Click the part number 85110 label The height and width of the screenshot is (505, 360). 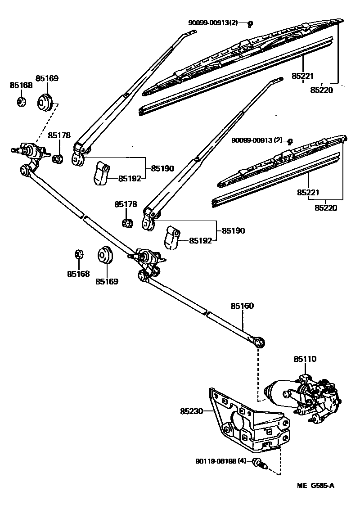click(x=305, y=359)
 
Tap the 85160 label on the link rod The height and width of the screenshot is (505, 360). click(x=242, y=306)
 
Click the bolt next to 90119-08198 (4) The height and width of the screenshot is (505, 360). click(x=259, y=463)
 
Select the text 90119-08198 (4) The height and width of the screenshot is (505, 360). click(x=220, y=461)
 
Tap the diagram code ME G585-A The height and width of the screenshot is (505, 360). click(x=315, y=486)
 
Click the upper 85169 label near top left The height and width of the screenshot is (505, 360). click(x=47, y=78)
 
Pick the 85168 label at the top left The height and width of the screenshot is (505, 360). click(x=21, y=85)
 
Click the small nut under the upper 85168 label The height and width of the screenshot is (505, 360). click(x=21, y=102)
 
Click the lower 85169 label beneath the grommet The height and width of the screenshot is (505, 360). click(x=107, y=282)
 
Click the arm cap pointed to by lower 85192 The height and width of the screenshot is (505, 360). click(x=171, y=237)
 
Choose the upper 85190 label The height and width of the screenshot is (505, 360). click(x=162, y=168)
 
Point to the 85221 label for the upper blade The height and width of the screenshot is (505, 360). click(x=302, y=77)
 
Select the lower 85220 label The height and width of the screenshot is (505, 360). click(x=325, y=208)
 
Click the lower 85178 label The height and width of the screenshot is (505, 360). click(x=125, y=204)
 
